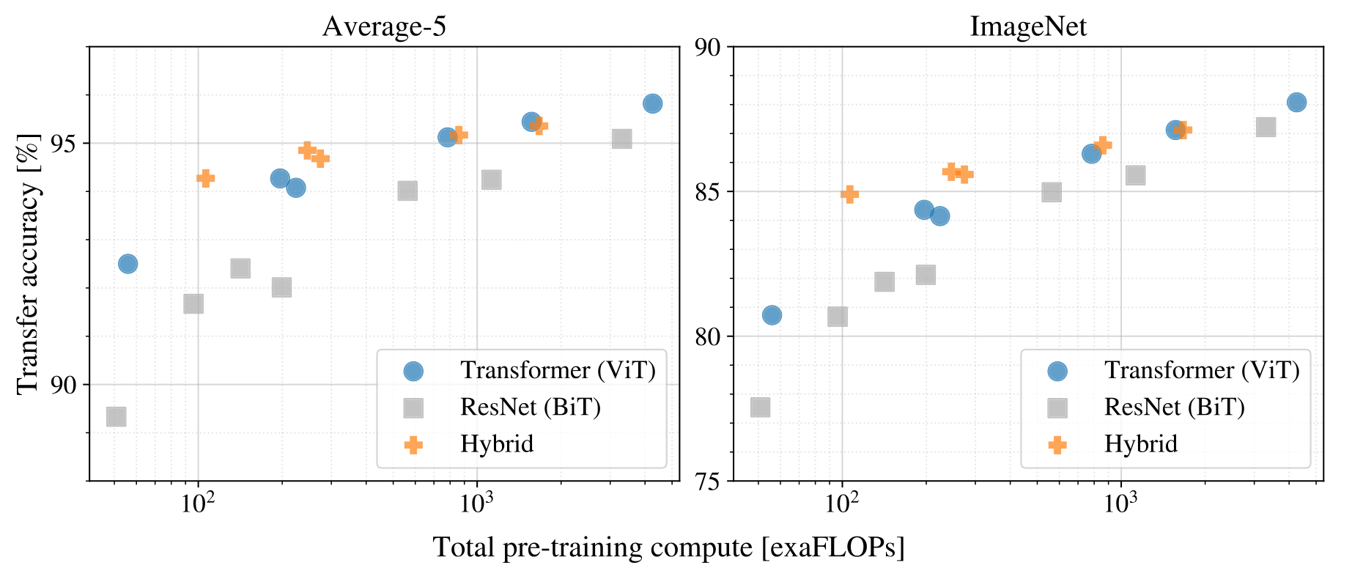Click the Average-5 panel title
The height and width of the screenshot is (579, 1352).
point(384,26)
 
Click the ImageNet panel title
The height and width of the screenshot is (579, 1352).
point(1028,26)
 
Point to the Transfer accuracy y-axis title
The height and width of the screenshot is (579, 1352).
point(28,264)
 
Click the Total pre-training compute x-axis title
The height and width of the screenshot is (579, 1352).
point(669,547)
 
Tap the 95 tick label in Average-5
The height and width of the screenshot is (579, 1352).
point(64,143)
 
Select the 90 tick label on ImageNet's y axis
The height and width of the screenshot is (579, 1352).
point(708,47)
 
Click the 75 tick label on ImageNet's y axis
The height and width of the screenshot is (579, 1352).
point(708,481)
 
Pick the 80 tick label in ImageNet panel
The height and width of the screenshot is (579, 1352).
point(708,336)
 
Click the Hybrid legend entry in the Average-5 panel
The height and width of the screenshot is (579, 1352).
point(497,444)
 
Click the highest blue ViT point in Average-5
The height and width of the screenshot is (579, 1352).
point(652,103)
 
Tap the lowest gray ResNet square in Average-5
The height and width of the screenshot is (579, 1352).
point(116,416)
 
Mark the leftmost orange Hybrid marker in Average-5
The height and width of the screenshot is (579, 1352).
point(206,178)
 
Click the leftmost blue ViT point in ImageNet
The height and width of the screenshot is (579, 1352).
point(772,315)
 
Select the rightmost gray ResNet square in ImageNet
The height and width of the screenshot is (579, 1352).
point(1266,127)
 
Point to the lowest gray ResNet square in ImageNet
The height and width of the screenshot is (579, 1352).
point(760,407)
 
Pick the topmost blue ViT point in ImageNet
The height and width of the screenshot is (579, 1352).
point(1296,103)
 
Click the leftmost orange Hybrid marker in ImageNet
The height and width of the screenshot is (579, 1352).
point(849,194)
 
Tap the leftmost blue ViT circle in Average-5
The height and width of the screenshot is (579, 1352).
point(128,264)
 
